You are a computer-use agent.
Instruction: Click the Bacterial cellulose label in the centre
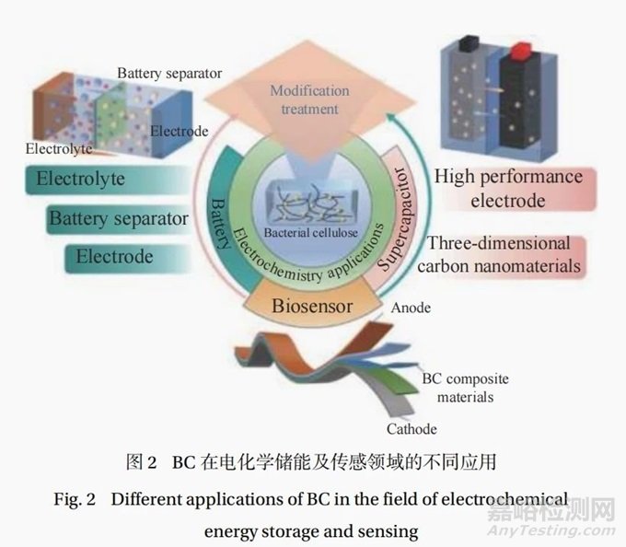(x=310, y=232)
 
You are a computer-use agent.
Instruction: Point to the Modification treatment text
(x=310, y=99)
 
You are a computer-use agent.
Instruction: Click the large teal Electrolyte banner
(x=108, y=180)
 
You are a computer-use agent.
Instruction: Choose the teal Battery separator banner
(x=119, y=219)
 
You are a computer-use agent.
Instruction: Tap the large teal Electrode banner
(x=128, y=258)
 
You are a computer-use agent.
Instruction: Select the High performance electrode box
(x=515, y=189)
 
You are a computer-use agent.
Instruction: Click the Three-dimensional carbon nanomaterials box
(x=501, y=255)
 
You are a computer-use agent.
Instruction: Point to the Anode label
(x=411, y=308)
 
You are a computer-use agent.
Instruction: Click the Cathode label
(x=412, y=429)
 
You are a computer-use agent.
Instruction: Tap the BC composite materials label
(x=466, y=388)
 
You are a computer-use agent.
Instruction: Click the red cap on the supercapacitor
(x=521, y=50)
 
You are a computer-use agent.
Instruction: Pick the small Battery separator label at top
(x=169, y=74)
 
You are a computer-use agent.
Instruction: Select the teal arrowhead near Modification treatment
(x=391, y=117)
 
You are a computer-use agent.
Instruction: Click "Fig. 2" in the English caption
(x=75, y=499)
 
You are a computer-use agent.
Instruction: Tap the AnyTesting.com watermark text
(x=551, y=530)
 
